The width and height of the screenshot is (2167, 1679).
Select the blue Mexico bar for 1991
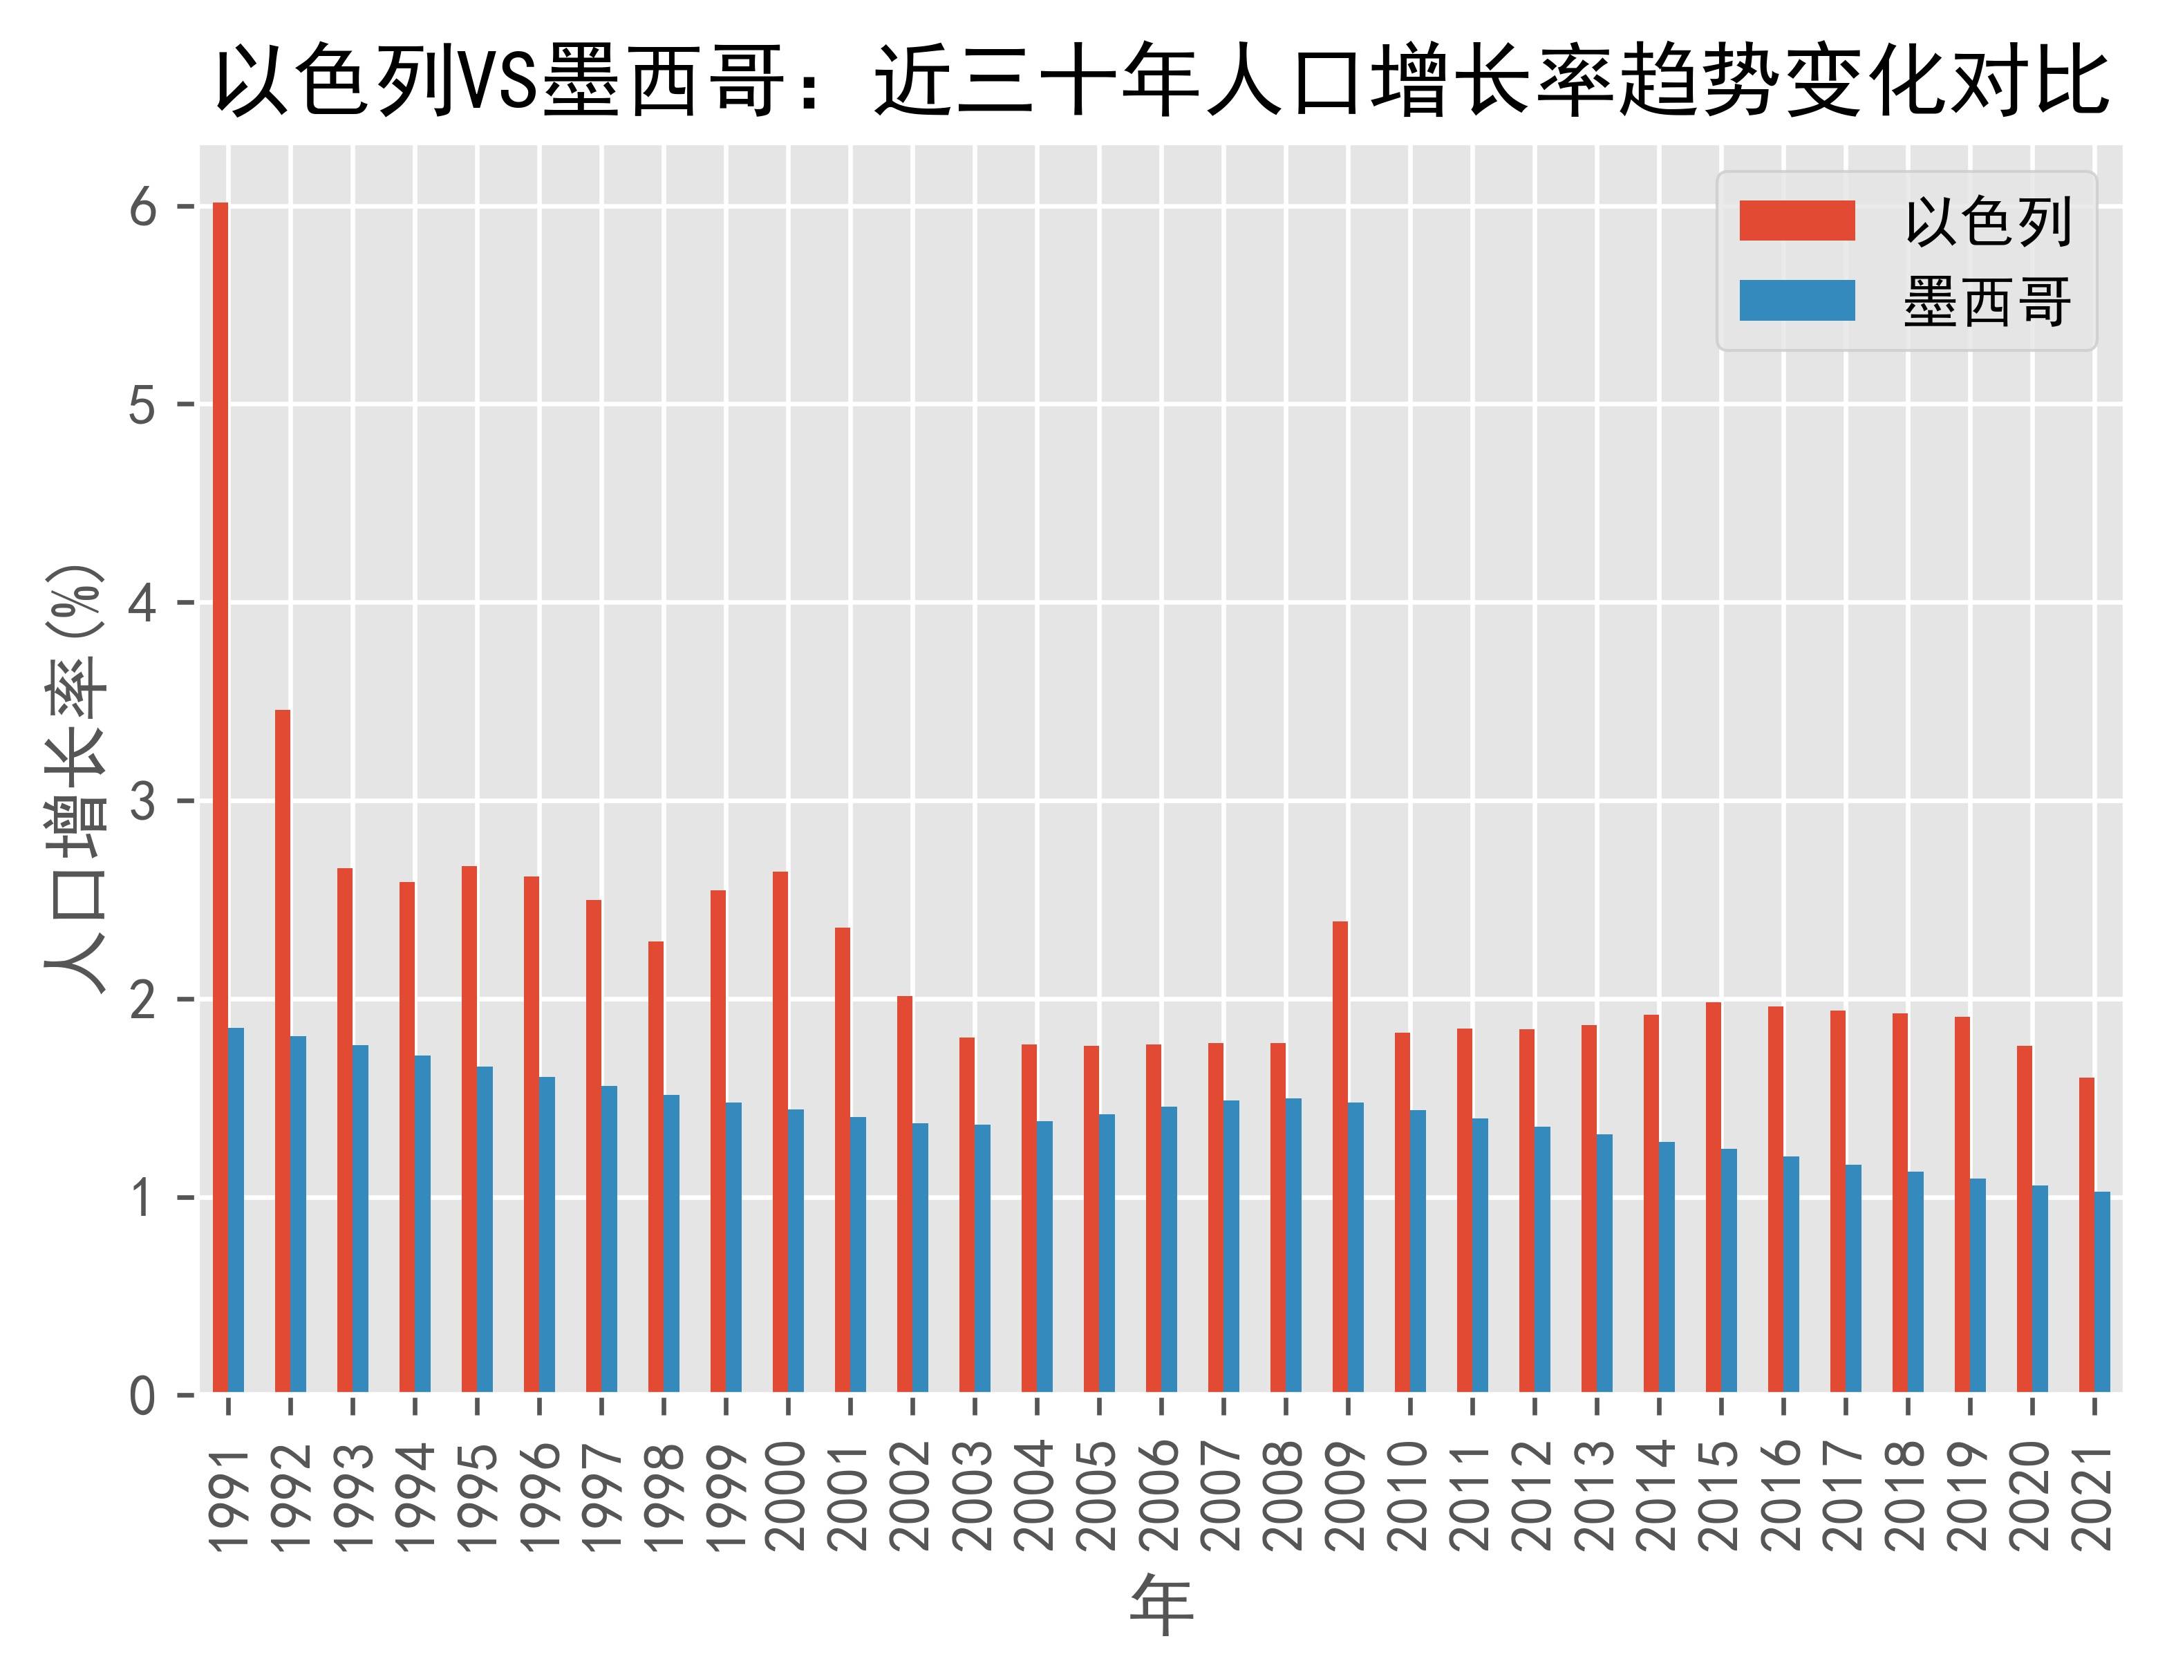236,1210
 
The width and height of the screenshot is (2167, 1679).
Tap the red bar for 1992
283,1052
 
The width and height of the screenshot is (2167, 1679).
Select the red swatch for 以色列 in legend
1797,221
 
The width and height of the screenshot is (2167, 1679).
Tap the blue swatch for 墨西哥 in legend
1797,301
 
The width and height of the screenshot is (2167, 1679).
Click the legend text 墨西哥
1987,301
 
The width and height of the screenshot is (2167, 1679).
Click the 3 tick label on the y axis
143,802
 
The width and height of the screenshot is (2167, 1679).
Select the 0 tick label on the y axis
143,1397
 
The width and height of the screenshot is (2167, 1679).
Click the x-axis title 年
1161,1608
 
